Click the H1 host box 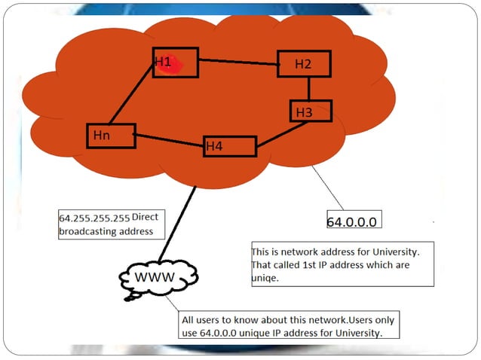(x=175, y=63)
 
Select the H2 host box (x=304, y=64)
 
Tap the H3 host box (x=310, y=111)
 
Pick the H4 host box (x=230, y=146)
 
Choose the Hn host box (x=111, y=136)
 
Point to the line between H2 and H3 (x=308, y=89)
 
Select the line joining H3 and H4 (x=283, y=133)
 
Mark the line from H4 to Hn (x=170, y=139)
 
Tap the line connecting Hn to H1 (x=132, y=94)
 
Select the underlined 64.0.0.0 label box (x=351, y=221)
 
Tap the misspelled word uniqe (x=265, y=278)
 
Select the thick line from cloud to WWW (x=177, y=226)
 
